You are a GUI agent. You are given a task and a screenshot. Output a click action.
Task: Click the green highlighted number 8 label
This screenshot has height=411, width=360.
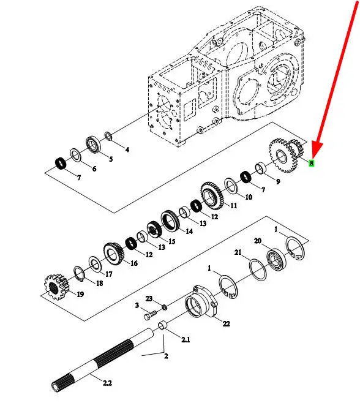click(x=311, y=163)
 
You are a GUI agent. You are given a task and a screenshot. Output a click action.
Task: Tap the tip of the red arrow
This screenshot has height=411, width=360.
click(x=313, y=158)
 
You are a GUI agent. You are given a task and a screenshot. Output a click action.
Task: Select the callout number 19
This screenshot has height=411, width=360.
click(x=80, y=294)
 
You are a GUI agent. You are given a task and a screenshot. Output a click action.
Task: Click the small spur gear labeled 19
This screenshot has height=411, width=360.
click(x=57, y=287)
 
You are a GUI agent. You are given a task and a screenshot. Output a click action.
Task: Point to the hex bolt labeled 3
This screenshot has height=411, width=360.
click(x=150, y=315)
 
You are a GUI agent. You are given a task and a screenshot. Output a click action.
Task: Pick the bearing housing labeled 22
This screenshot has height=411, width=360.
click(x=201, y=301)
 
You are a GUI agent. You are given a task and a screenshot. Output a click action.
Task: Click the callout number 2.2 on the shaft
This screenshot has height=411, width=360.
click(x=107, y=383)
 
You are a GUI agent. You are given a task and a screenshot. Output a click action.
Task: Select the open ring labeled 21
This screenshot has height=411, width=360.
click(x=258, y=270)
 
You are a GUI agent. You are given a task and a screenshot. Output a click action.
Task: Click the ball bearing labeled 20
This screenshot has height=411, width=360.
click(x=276, y=260)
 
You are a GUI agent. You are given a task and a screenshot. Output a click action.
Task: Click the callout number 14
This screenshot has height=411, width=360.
click(x=189, y=231)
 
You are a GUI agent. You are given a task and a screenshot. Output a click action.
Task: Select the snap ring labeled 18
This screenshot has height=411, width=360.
click(x=78, y=274)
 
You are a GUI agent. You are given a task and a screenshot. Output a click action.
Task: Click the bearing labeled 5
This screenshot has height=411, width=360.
click(x=93, y=145)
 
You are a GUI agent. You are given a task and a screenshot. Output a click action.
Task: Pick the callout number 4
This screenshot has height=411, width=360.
click(x=127, y=149)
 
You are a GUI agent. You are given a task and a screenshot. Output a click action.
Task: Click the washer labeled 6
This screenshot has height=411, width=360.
click(x=75, y=155)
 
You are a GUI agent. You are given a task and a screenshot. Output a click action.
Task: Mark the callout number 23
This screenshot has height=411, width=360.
click(x=149, y=298)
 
